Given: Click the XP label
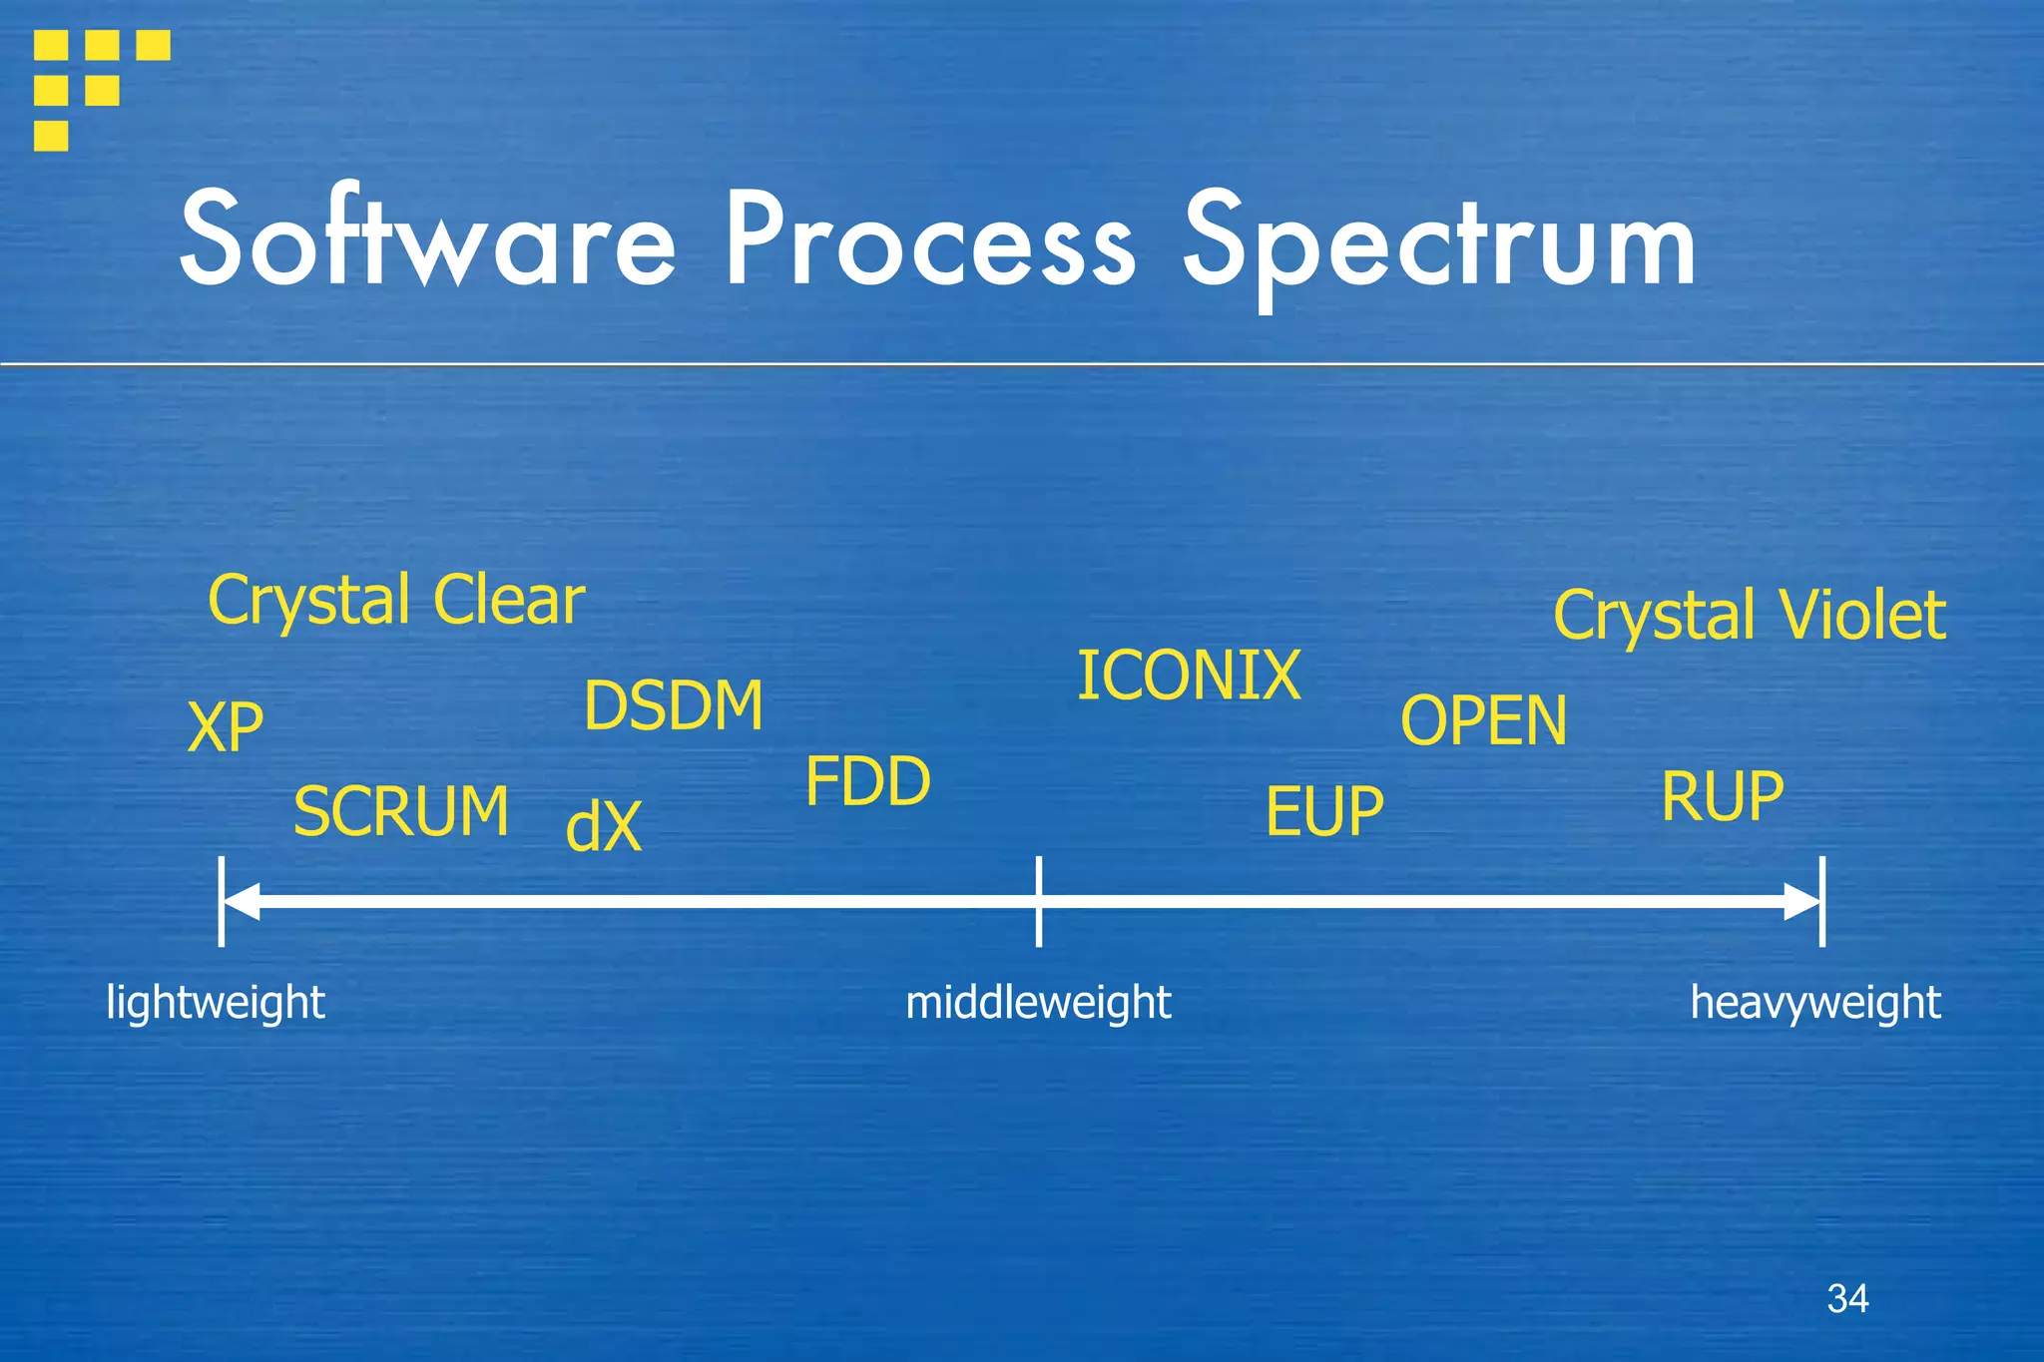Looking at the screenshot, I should [226, 727].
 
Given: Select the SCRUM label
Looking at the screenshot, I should [401, 811].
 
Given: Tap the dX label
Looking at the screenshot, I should [604, 827].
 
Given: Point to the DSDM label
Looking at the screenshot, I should [674, 705].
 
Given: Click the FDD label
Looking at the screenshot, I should [867, 781].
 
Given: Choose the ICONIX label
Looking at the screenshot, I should [1189, 676].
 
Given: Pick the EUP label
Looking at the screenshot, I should [1324, 811].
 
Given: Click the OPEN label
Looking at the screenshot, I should [1483, 720].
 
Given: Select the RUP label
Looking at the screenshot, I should [1723, 796].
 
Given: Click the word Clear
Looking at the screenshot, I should [509, 601].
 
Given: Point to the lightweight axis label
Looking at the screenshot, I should [216, 1003].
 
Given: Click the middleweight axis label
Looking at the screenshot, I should [1038, 1003].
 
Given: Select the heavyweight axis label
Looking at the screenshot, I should [1815, 1003].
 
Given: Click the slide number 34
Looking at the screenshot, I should [1847, 1298].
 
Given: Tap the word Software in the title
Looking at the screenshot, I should [428, 239].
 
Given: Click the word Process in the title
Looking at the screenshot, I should [930, 239].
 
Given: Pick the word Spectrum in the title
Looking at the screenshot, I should [1439, 244].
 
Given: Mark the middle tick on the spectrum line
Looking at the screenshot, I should [1039, 901].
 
